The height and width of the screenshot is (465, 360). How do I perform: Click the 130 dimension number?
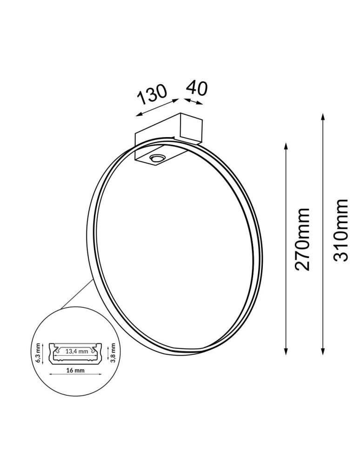click(152, 95)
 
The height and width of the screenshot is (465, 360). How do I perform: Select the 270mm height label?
click(303, 239)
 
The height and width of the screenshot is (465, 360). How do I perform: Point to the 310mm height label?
click(341, 230)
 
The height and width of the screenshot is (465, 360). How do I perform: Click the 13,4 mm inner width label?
click(76, 352)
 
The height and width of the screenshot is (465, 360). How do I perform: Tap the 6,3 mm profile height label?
click(39, 353)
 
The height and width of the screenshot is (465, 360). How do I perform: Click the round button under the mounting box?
click(156, 158)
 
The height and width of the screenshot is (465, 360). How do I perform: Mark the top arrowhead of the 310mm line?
click(323, 116)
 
